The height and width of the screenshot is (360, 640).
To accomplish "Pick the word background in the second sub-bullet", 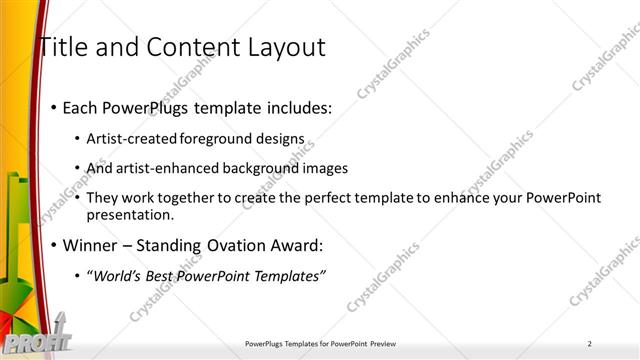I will coord(241,168).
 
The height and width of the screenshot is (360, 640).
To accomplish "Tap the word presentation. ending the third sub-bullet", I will coord(131,214).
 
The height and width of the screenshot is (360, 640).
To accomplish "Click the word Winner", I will coord(92,245).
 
